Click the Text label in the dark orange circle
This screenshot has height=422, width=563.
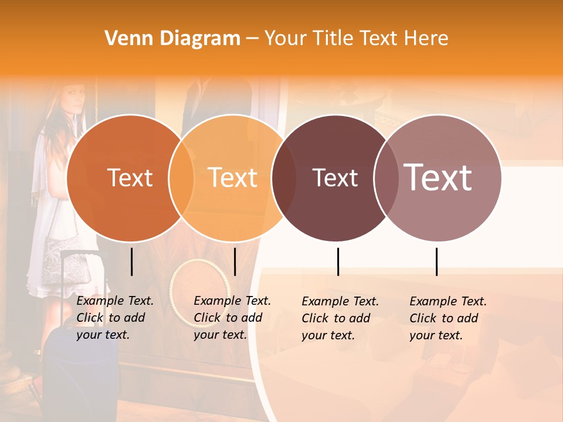coord(130,178)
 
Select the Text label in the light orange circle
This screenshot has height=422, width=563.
coord(233,178)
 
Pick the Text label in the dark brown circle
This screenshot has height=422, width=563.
coord(335,178)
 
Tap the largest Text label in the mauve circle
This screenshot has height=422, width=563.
coord(438,177)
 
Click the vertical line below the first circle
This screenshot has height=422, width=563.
coord(132,261)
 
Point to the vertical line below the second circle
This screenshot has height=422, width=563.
coord(235,261)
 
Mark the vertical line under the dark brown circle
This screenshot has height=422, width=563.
coord(338,261)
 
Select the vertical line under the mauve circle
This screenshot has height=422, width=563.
coord(437,261)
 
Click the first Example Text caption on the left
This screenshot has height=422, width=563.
coord(114,318)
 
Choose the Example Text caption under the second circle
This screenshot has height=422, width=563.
coord(232,318)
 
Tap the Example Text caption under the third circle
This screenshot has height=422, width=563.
coord(340,318)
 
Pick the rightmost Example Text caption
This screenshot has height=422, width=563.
coord(447,318)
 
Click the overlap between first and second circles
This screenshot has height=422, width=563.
coord(181,178)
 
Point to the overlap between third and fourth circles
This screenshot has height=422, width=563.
coord(385,178)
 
